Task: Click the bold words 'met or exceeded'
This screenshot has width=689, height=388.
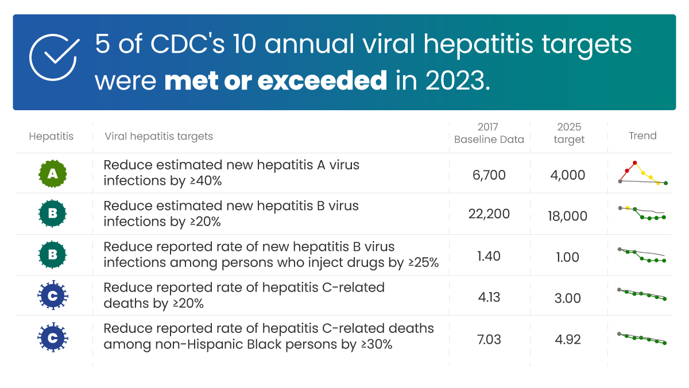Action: [x=276, y=81]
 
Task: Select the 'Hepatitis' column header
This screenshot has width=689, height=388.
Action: [x=51, y=137]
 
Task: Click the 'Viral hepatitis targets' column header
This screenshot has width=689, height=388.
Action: [x=158, y=137]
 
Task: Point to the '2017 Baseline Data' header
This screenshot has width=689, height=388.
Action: [x=489, y=133]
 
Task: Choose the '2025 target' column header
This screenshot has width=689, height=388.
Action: [x=569, y=133]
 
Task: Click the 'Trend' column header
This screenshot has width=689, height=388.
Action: [x=642, y=136]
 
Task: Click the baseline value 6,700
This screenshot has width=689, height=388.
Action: [x=489, y=175]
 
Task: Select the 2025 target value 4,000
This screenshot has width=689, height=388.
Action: [x=568, y=175]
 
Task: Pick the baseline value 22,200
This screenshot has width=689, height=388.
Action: [x=489, y=214]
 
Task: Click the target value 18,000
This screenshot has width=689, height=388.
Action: [x=568, y=216]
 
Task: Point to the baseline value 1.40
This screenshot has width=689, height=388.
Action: [x=489, y=257]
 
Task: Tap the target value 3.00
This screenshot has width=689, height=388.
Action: [x=568, y=298]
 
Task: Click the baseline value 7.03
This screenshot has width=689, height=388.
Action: [x=489, y=339]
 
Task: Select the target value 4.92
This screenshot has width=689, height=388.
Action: [x=568, y=339]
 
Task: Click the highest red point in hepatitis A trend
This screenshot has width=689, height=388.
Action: [x=635, y=163]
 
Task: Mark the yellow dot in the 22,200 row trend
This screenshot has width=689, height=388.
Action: [x=628, y=208]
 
